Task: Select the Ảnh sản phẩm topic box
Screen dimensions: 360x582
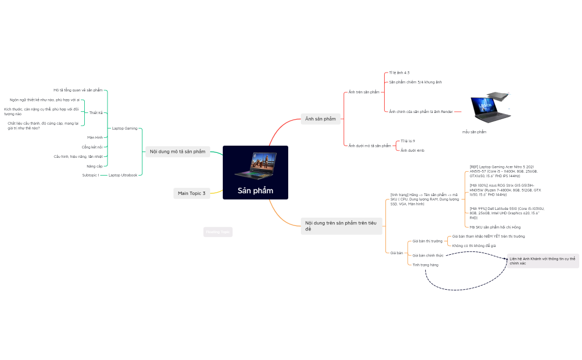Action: coord(320,119)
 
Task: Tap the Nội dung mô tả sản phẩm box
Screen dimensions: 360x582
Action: coord(177,151)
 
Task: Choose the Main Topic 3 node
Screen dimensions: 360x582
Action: coord(191,193)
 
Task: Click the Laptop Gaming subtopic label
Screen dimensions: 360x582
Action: coord(125,128)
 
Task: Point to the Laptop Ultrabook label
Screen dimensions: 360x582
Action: coord(122,175)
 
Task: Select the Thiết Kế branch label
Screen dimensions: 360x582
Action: coord(96,112)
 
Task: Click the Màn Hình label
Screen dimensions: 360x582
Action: coord(95,137)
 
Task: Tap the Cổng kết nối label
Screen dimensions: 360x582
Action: coord(92,147)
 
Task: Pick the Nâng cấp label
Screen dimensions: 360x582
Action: coord(94,166)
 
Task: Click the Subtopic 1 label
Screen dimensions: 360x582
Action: coord(90,175)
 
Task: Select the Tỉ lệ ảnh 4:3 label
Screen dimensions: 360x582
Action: coord(399,73)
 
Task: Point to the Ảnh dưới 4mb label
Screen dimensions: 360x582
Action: coord(412,150)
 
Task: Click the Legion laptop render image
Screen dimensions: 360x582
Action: coord(489,107)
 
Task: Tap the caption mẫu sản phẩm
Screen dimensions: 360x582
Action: coord(474,132)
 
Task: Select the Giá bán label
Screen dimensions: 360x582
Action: coord(396,253)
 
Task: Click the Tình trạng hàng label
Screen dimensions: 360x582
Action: coord(425,265)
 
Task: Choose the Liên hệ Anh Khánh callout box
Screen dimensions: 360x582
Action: coord(543,261)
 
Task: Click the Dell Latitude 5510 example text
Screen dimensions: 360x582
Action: coord(507,213)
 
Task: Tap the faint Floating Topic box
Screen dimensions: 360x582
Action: coord(217,232)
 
